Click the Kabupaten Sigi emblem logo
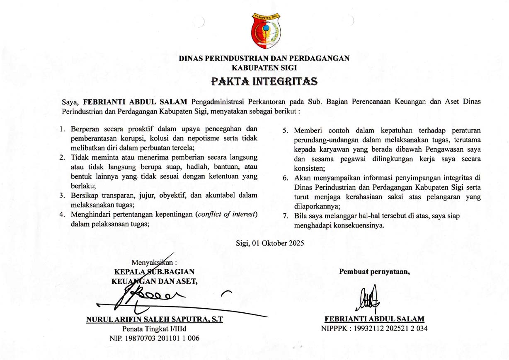tap(266, 31)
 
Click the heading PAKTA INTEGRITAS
tap(264, 80)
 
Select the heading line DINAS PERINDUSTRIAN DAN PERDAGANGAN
tap(264, 58)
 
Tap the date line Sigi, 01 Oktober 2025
tap(269, 243)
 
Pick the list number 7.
tap(286, 216)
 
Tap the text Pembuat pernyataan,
tap(375, 272)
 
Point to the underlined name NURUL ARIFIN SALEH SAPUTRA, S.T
tap(155, 320)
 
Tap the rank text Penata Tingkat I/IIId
tap(154, 329)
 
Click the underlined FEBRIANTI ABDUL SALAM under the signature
tap(374, 319)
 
